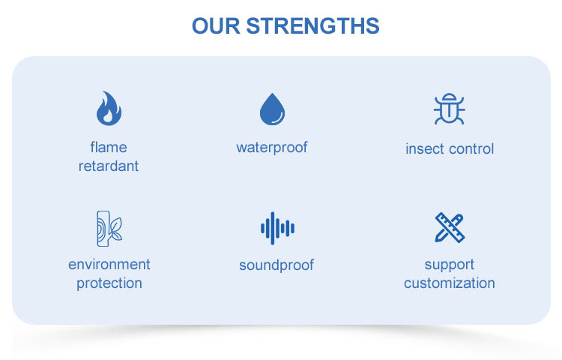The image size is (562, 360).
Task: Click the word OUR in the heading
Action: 216,25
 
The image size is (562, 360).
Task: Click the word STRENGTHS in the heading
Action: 312,25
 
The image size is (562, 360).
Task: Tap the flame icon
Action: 109,108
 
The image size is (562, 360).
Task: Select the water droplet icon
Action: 273,109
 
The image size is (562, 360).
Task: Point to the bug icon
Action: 450,109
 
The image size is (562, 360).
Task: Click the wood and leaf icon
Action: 109,229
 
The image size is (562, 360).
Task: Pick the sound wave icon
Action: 277,228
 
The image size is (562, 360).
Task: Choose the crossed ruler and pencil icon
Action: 450,228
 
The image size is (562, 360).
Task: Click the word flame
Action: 109,147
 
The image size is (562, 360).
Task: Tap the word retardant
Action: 109,166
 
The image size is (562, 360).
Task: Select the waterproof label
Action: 272,148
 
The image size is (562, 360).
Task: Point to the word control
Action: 471,148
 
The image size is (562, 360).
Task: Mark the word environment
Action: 109,265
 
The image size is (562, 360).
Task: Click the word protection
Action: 109,283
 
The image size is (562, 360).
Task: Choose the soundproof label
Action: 277,265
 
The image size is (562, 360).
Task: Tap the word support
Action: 450,265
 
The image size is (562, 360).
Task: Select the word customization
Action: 450,283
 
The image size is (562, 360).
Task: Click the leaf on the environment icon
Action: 115,229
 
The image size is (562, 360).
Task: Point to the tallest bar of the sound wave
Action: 273,228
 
